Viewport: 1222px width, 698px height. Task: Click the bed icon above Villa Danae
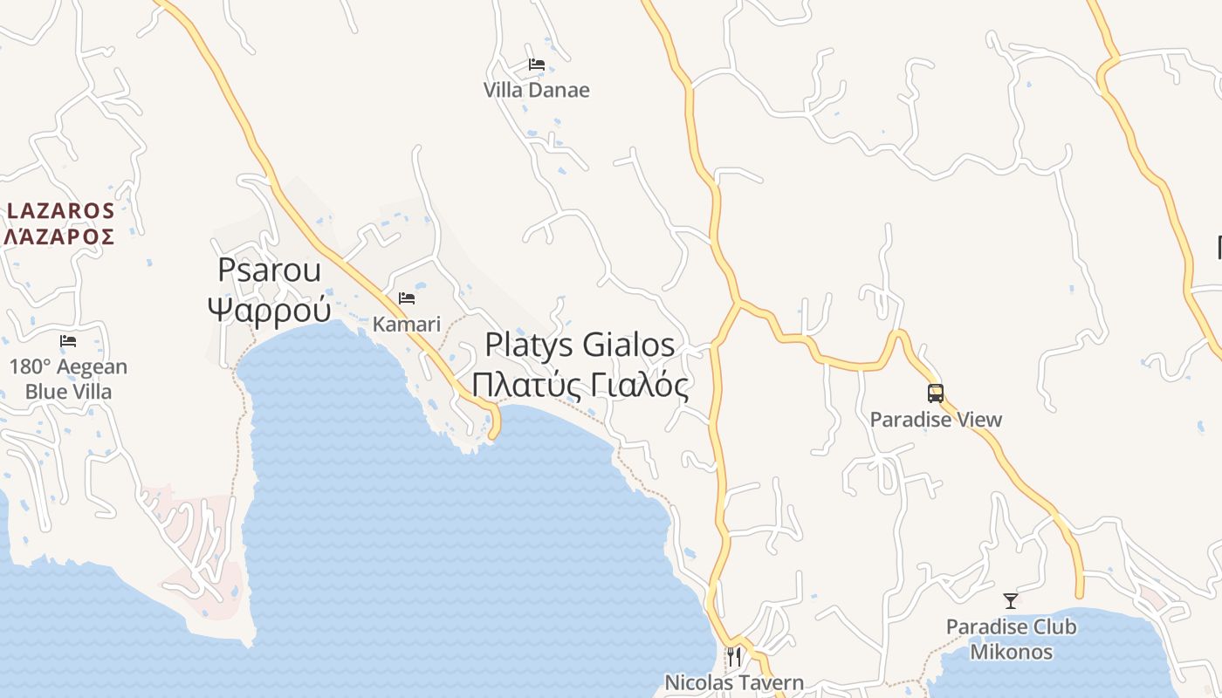tap(537, 65)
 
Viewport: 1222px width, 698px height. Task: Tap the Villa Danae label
tap(537, 90)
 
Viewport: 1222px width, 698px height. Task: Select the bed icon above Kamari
tap(407, 298)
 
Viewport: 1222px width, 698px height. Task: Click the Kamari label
tap(407, 324)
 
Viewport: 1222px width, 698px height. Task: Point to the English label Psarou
tap(269, 270)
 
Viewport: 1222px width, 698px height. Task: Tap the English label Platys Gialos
tap(580, 345)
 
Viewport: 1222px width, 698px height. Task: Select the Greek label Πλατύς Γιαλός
tap(580, 384)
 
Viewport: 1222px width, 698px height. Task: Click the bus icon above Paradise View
tap(936, 393)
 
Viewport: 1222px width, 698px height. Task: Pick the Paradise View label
tap(936, 420)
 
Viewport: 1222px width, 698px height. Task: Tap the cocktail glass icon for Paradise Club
tap(1011, 601)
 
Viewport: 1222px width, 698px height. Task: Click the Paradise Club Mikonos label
tap(1011, 639)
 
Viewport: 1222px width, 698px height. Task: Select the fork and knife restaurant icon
tap(734, 656)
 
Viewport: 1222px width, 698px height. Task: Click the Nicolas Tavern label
tap(734, 682)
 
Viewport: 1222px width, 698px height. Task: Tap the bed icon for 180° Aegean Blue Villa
tap(68, 341)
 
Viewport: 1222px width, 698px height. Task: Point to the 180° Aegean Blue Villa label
tap(68, 379)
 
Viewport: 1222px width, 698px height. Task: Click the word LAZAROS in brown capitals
tap(61, 210)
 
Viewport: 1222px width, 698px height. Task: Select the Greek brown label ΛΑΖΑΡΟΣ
tap(59, 236)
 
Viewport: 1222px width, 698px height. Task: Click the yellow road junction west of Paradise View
tap(738, 304)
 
